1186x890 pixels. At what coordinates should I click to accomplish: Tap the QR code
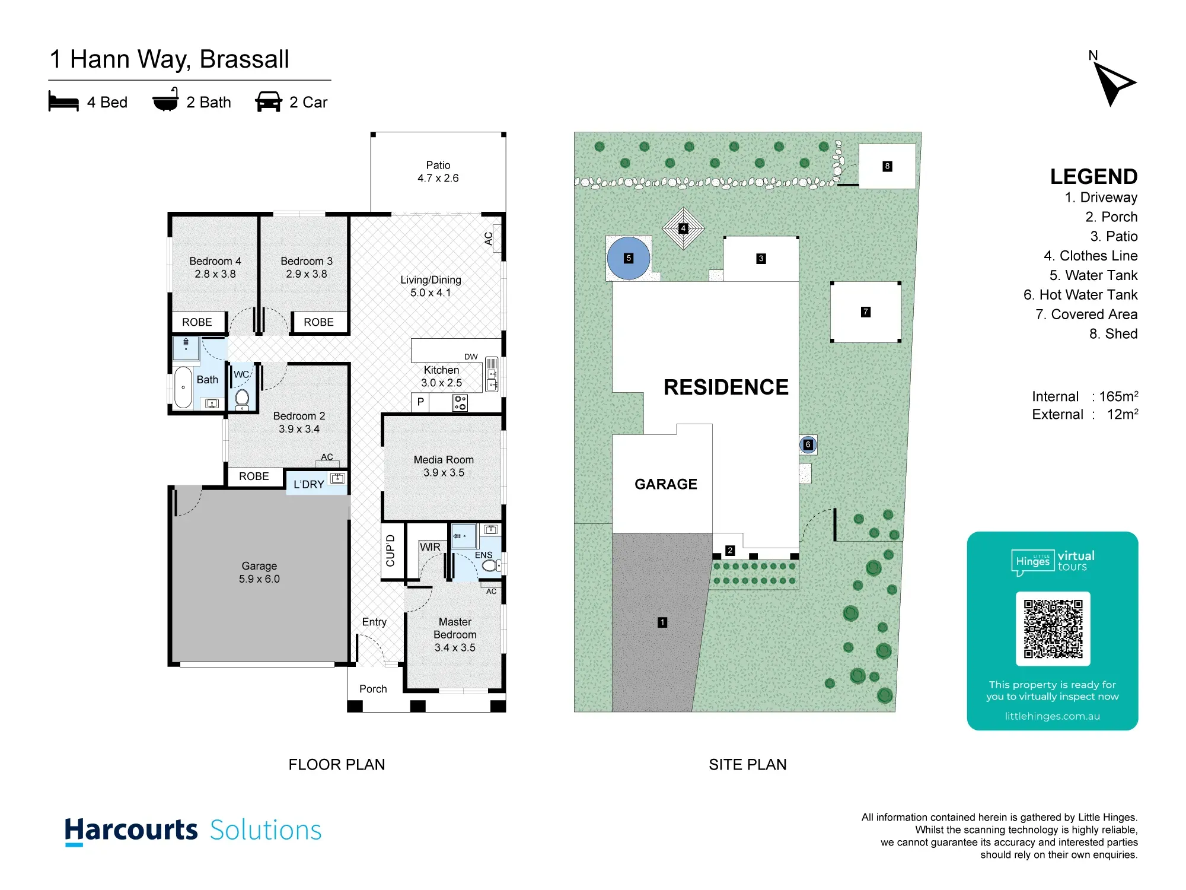pos(1053,629)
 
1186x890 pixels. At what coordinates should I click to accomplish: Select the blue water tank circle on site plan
pos(629,258)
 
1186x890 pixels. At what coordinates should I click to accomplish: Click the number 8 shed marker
pos(887,166)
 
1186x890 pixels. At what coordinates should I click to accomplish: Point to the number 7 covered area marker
pos(866,311)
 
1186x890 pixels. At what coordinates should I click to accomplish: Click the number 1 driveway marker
pos(662,622)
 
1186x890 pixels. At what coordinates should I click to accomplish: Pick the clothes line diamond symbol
pos(683,228)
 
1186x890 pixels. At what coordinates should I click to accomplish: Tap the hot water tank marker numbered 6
pos(808,444)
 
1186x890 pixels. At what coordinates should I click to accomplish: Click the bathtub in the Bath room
pos(183,387)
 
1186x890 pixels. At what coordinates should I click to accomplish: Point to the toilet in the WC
pos(242,399)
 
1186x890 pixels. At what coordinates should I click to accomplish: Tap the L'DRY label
pos(309,484)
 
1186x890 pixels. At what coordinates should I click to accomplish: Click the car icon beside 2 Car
pos(269,101)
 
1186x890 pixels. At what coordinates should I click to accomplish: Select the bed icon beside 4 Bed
pos(63,101)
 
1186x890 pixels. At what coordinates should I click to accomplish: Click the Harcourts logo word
pos(131,831)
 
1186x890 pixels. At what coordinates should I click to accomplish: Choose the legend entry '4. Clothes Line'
pos(1091,256)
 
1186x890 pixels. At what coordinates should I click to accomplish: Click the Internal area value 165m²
pos(1118,396)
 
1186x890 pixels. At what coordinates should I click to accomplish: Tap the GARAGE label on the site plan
pos(666,484)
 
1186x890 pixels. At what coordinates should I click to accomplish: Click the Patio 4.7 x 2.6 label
pos(438,171)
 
